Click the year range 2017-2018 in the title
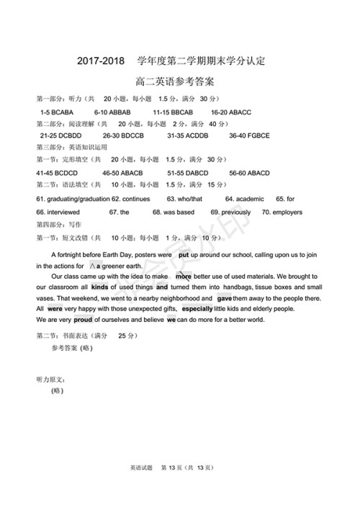coord(101,60)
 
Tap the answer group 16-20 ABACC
coord(230,112)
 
